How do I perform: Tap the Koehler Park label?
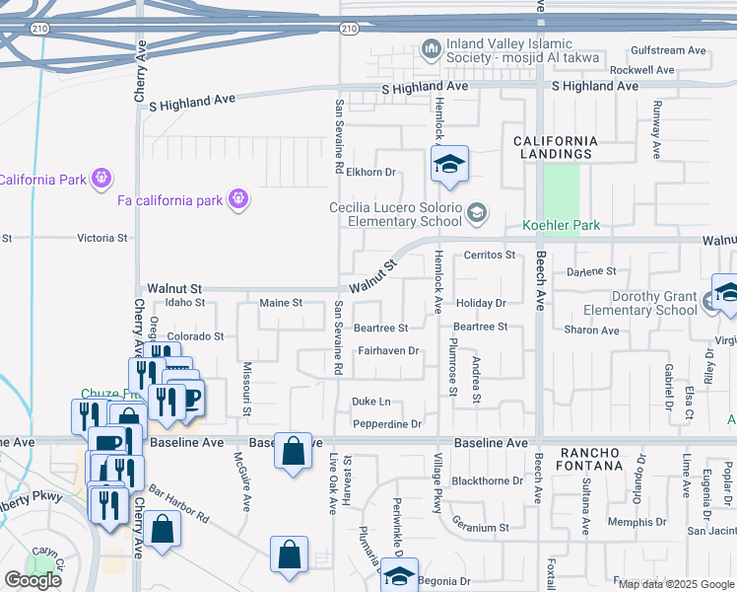click(562, 226)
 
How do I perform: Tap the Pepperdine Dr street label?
click(387, 424)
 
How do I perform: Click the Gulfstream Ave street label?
click(669, 50)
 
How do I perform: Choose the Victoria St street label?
click(102, 238)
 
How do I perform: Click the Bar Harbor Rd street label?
click(179, 502)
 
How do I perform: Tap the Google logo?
click(33, 580)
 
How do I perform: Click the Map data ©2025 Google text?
click(675, 584)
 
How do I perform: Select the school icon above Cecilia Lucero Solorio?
click(449, 165)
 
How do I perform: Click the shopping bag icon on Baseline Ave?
click(293, 452)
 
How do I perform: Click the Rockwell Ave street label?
click(642, 70)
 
